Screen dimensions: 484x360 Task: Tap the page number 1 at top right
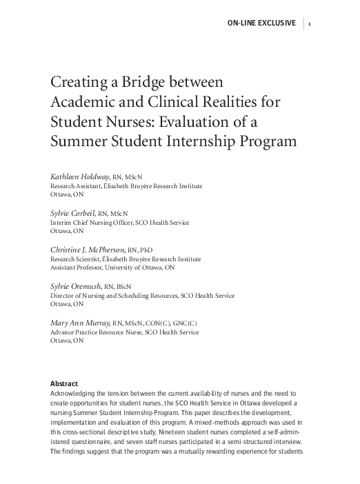pos(312,23)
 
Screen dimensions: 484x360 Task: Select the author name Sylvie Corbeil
pos(74,214)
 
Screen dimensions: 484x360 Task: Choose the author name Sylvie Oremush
pos(77,285)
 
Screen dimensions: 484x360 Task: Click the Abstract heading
pos(64,383)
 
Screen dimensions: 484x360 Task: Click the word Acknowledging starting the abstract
pos(75,393)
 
